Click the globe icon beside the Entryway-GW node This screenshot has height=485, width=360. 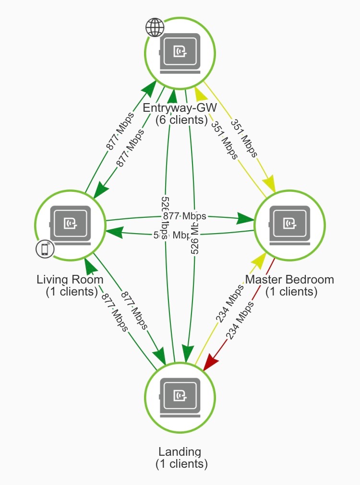[x=155, y=28]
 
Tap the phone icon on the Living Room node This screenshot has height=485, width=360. [x=45, y=249]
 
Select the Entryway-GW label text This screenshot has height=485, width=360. [x=181, y=108]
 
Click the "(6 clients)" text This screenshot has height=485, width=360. [x=181, y=119]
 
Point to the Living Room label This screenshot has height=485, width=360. [x=70, y=279]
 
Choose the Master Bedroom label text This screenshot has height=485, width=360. [x=289, y=279]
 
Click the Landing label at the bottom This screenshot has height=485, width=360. [x=180, y=451]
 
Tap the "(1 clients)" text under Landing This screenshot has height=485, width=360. [x=181, y=464]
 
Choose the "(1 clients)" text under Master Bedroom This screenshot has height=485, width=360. [x=291, y=291]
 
